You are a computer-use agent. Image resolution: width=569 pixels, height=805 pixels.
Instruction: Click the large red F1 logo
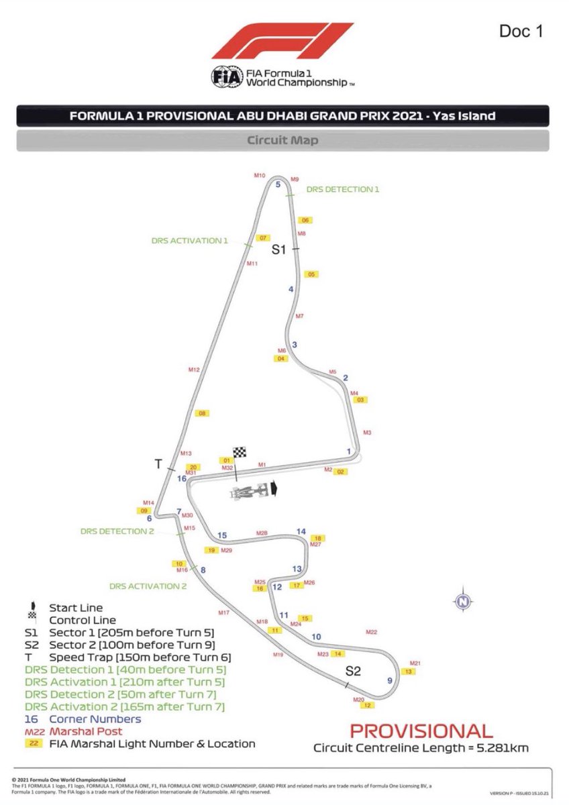(x=282, y=42)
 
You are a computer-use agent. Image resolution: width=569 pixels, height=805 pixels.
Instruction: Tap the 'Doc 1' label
(x=521, y=31)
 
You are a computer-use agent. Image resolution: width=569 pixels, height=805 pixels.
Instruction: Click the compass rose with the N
(x=462, y=602)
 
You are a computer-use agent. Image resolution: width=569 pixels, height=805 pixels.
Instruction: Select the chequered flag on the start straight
(x=240, y=453)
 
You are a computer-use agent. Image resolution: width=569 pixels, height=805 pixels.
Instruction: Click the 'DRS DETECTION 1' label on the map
(x=343, y=190)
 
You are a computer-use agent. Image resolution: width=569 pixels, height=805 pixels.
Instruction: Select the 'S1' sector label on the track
(x=278, y=250)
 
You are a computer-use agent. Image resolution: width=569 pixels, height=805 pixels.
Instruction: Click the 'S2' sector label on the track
(x=353, y=670)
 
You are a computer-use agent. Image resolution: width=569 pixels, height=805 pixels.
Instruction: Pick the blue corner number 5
(x=278, y=184)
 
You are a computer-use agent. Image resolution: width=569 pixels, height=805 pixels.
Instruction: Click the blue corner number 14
(x=301, y=531)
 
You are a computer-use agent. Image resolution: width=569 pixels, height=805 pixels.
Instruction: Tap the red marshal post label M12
(x=194, y=370)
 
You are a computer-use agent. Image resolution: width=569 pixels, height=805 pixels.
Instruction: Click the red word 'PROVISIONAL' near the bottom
(x=421, y=731)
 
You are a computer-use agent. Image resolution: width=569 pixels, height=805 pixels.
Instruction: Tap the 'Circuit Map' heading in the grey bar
(x=282, y=141)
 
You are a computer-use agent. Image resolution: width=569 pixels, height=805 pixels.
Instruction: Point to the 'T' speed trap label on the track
(x=158, y=464)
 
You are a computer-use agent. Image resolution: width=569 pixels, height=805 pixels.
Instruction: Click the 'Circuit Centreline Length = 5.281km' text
(x=421, y=747)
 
